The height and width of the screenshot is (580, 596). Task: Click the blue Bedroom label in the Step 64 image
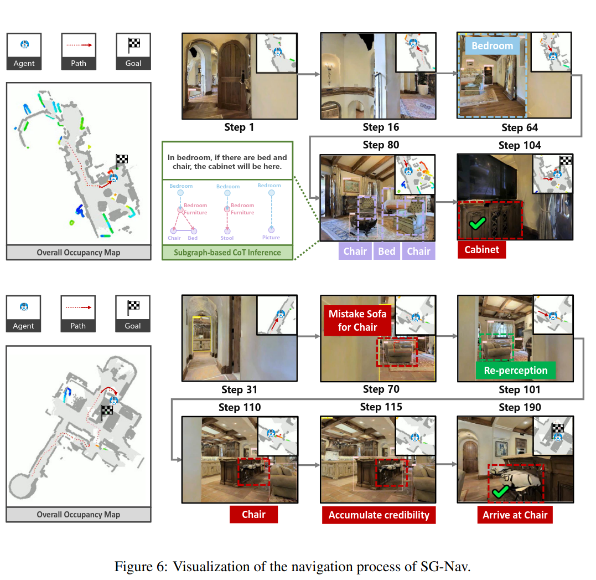492,46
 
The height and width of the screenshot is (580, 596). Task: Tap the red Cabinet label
481,250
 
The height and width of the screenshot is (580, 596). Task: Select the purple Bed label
386,251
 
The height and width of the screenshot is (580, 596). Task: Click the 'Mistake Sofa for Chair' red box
357,321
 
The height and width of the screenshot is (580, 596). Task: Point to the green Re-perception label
515,371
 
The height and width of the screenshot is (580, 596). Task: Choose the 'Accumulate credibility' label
379,515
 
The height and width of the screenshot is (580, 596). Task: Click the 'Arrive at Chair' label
515,515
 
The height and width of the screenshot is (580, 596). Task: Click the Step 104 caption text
520,146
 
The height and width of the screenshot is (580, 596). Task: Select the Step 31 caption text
240,390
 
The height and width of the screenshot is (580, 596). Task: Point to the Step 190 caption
520,408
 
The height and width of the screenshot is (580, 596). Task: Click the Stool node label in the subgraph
227,238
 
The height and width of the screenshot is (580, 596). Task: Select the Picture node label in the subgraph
271,238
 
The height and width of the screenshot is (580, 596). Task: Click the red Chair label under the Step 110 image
253,515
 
